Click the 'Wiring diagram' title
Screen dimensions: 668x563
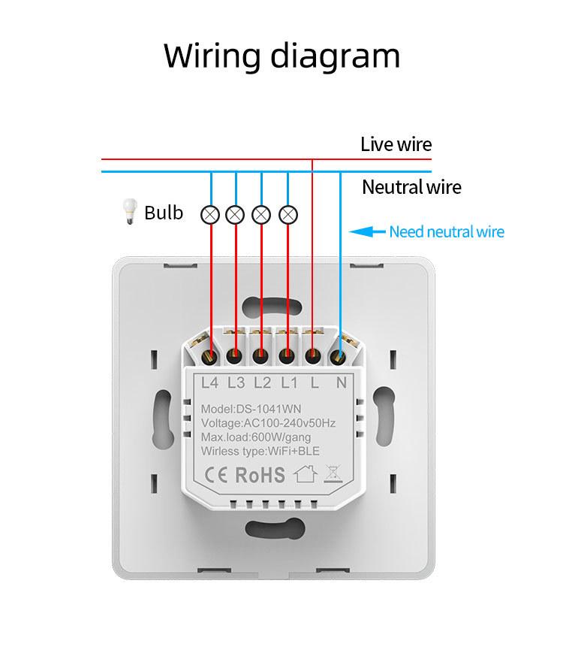coord(281,56)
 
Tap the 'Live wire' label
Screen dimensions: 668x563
coord(396,144)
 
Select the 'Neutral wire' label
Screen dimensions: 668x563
coord(411,187)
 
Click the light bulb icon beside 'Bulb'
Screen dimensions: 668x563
coord(129,213)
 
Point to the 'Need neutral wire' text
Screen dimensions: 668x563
coord(446,232)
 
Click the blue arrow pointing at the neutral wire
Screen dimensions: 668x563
coord(368,232)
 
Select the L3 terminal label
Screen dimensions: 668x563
coord(236,382)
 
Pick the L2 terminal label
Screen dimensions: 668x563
coord(262,382)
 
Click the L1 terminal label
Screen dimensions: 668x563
coord(289,382)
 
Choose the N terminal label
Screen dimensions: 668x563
coord(341,382)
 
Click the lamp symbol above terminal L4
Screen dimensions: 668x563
coord(210,216)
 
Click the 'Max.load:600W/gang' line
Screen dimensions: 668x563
coord(255,437)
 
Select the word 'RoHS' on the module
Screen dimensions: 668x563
coord(260,475)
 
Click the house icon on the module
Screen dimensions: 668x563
coord(304,474)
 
